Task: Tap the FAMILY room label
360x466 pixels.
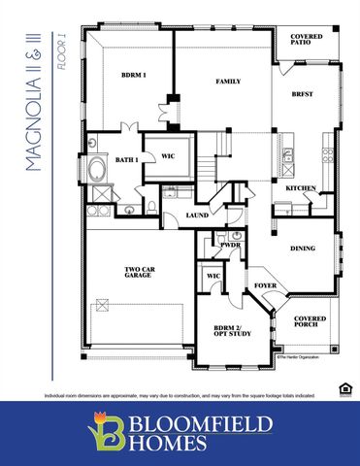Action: pyautogui.click(x=227, y=83)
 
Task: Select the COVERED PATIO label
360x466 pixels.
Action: pyautogui.click(x=307, y=41)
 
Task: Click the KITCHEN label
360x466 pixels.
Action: pyautogui.click(x=300, y=187)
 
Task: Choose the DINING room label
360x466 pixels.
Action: pyautogui.click(x=304, y=250)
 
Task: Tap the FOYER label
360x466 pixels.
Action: pyautogui.click(x=265, y=286)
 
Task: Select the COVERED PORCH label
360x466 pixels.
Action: pyautogui.click(x=311, y=322)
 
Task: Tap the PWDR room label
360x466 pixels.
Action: pyautogui.click(x=230, y=247)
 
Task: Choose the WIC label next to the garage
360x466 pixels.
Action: pyautogui.click(x=213, y=277)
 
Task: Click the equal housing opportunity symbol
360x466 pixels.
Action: pyautogui.click(x=341, y=389)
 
